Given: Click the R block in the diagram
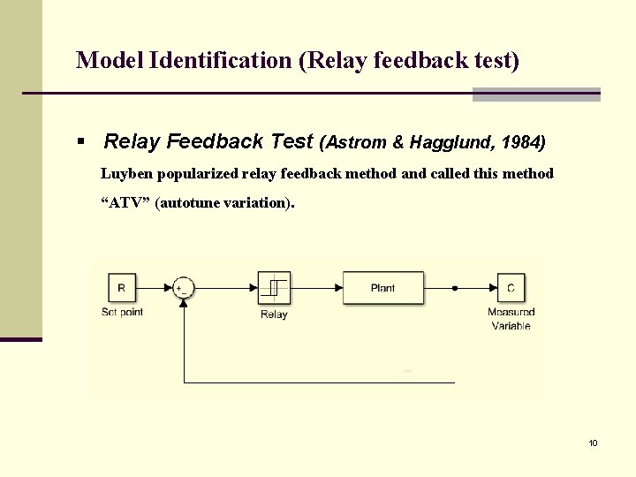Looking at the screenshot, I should point(121,288).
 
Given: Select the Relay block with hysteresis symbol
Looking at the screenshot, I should point(274,288).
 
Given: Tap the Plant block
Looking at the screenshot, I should point(382,288).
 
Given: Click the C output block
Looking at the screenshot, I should point(511,288).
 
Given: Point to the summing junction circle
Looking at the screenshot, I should point(184,288).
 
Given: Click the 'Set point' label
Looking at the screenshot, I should point(122,312).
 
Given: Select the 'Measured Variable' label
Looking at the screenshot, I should point(511,319).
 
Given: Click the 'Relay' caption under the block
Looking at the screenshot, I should point(274,314).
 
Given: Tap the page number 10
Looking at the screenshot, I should point(593,443).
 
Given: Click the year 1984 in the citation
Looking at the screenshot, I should point(524,141).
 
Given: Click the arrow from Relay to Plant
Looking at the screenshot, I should point(316,288).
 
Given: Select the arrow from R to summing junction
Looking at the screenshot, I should point(155,288).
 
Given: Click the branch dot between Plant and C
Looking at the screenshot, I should point(455,288).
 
